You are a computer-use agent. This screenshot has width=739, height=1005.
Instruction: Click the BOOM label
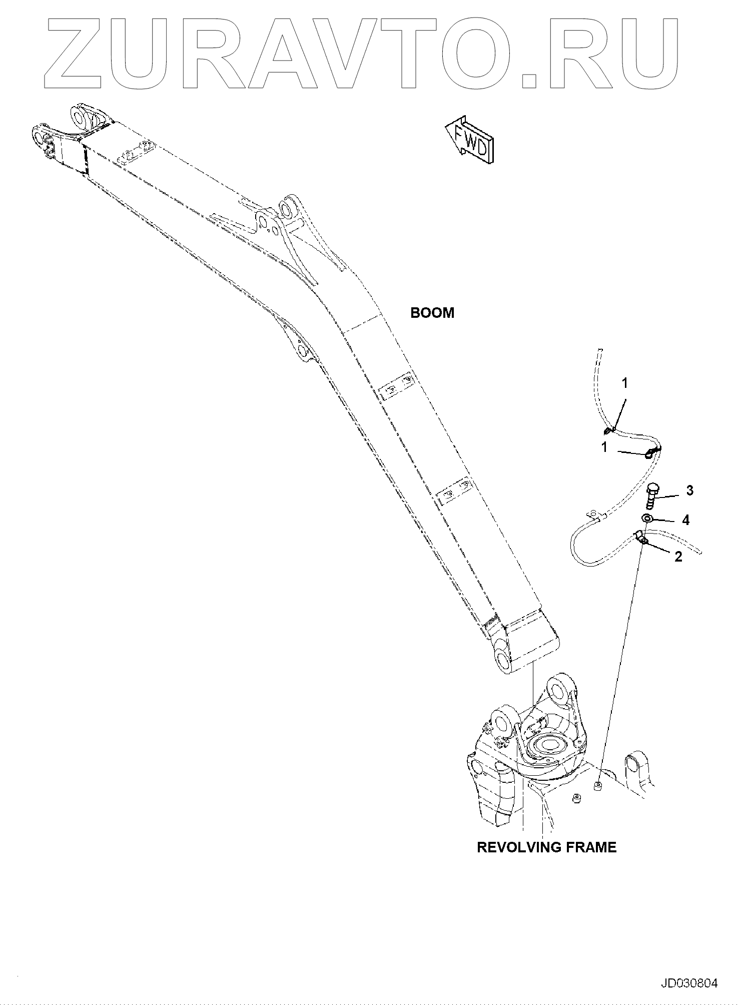coord(432,313)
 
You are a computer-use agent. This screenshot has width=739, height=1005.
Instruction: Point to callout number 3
coord(689,491)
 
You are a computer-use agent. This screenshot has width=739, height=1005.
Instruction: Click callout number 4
coord(685,521)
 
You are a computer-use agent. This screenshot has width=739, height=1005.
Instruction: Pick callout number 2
coord(678,557)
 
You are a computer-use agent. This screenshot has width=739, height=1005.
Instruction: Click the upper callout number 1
coord(625,383)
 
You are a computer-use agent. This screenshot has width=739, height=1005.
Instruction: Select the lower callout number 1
coord(604,447)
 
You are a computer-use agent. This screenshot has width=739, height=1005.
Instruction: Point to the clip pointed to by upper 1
coord(608,429)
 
